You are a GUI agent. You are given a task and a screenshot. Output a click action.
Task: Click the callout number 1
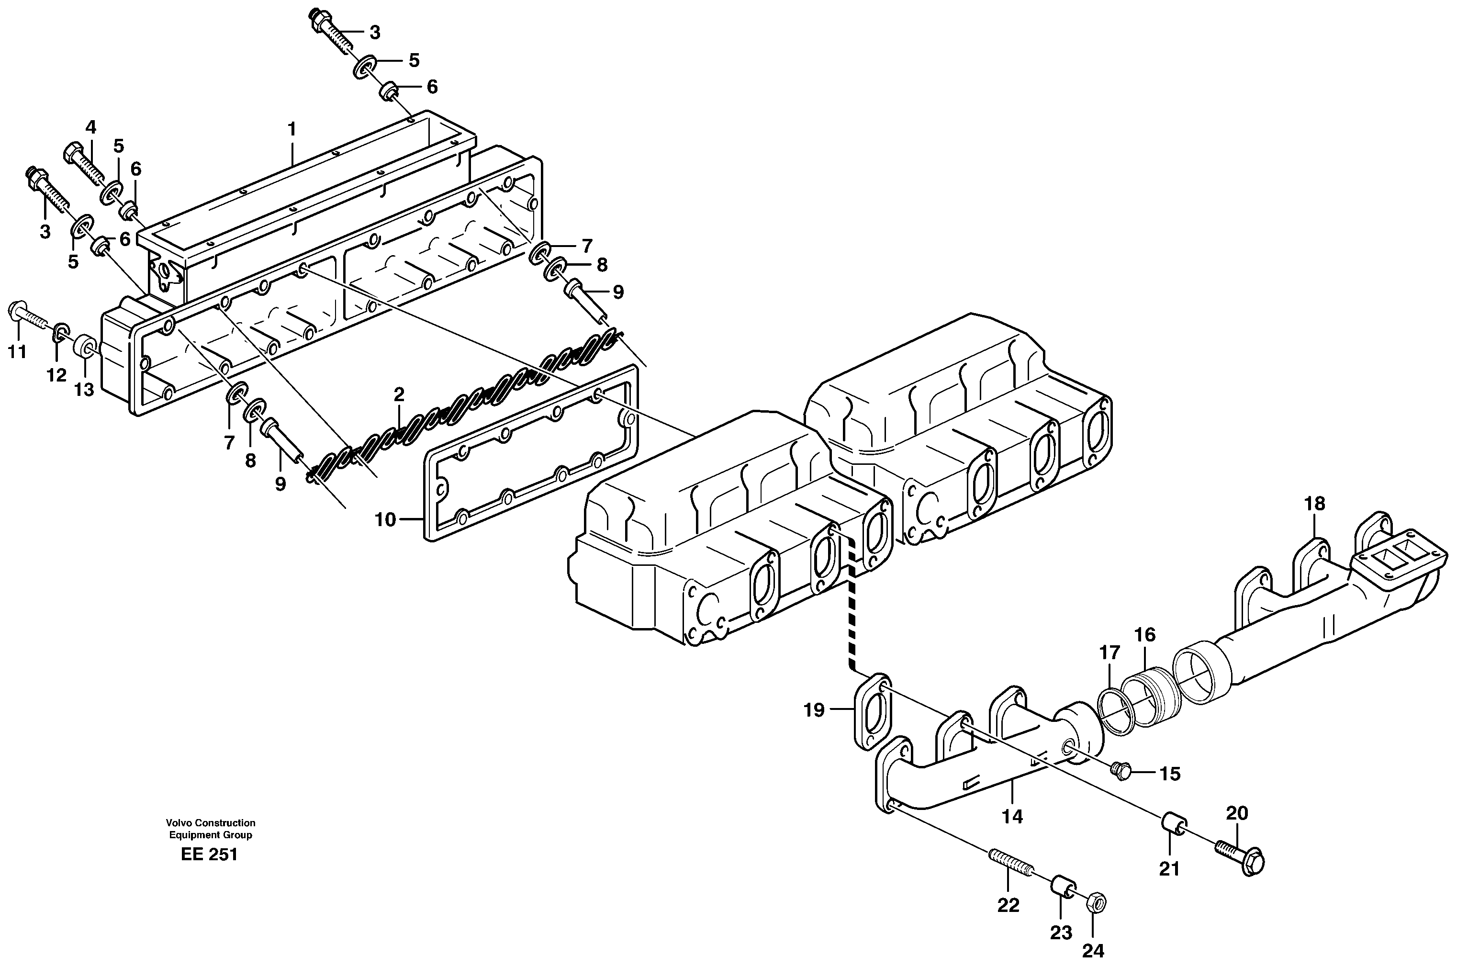pos(291,130)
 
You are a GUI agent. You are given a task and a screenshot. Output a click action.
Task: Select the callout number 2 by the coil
pos(399,394)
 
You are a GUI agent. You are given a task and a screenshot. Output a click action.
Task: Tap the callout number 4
pos(91,127)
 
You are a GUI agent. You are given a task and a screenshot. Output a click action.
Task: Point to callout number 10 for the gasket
pos(385,519)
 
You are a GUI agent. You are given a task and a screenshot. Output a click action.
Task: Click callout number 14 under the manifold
pos(1012,816)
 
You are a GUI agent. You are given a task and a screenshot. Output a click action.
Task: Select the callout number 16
pos(1144,635)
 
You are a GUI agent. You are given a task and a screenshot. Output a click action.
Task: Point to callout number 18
pos(1314,503)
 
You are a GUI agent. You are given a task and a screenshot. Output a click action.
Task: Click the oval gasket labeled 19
pos(871,711)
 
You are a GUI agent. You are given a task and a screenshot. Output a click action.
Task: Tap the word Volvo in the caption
pos(179,823)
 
